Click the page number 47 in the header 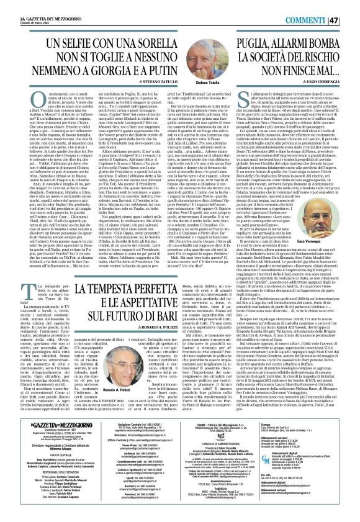point(350,5)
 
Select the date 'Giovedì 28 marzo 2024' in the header point(20,9)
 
